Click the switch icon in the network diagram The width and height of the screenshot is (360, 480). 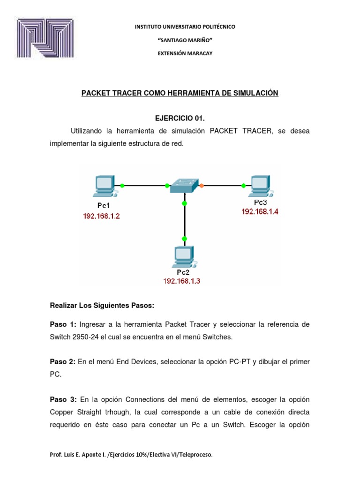[x=184, y=185]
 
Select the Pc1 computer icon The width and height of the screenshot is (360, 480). [x=104, y=186]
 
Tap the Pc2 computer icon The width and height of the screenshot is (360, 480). [x=183, y=257]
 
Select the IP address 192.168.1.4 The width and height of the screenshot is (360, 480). [x=260, y=211]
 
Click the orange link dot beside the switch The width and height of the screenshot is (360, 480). [x=202, y=186]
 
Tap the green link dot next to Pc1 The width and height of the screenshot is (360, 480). [x=122, y=186]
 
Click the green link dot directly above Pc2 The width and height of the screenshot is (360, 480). [x=184, y=239]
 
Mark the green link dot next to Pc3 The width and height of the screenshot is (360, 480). [x=243, y=186]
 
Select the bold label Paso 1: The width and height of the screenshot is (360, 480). [x=63, y=324]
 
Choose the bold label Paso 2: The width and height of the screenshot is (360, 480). [x=63, y=362]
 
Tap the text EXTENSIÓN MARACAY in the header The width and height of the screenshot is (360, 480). [x=185, y=53]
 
